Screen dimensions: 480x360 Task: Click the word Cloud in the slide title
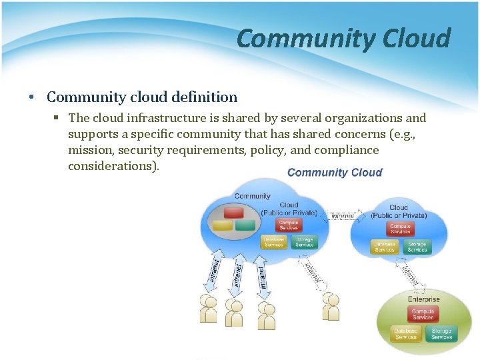click(x=417, y=39)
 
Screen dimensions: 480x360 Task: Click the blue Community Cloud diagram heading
click(x=335, y=173)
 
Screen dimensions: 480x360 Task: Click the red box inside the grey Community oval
click(x=233, y=213)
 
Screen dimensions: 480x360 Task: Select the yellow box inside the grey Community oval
click(x=223, y=225)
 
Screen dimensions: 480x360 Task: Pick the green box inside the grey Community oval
click(x=245, y=225)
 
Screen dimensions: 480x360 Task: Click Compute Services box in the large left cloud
click(x=289, y=225)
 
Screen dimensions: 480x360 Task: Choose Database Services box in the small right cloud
click(x=384, y=247)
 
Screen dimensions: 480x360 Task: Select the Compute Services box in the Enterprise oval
click(x=423, y=314)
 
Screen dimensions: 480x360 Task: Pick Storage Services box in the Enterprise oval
click(x=441, y=333)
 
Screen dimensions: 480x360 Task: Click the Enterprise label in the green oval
click(x=424, y=299)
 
